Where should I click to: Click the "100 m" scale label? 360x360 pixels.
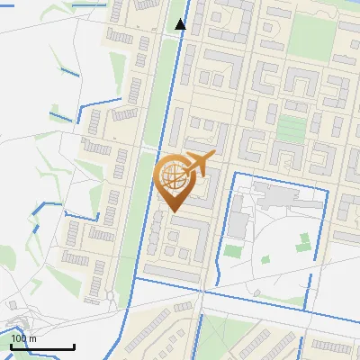[23, 338]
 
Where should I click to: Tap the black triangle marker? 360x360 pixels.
[180, 24]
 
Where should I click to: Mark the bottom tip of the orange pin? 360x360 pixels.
[173, 211]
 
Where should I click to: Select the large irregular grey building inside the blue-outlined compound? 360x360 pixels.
[274, 194]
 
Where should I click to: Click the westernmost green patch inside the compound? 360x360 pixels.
[233, 250]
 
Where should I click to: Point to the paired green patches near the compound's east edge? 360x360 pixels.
[304, 241]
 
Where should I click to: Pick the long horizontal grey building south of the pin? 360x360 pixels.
[171, 272]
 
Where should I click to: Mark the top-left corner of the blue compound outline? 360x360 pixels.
[235, 171]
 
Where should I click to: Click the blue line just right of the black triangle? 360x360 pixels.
[188, 24]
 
